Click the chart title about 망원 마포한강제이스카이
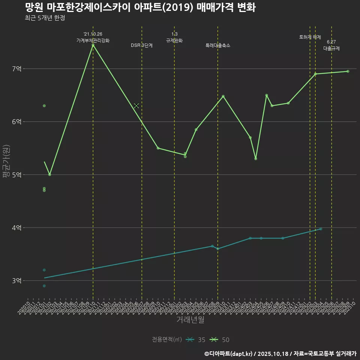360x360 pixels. (x=140, y=7)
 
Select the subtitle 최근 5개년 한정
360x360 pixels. (x=45, y=18)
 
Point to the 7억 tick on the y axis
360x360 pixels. (x=17, y=69)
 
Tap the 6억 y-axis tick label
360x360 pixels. (x=17, y=122)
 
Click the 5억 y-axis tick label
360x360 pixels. (x=17, y=175)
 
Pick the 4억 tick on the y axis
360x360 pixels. (x=17, y=228)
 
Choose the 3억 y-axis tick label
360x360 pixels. (x=17, y=281)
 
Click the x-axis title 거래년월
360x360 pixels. (x=190, y=320)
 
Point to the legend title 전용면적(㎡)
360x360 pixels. (x=167, y=340)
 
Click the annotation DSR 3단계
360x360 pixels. (x=142, y=45)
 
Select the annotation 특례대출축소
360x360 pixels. (x=218, y=45)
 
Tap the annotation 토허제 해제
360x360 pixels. (x=310, y=37)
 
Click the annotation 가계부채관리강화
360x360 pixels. (x=93, y=40)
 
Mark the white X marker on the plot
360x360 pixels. (x=136, y=106)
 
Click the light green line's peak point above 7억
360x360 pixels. (x=93, y=45)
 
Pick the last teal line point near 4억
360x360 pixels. (x=321, y=229)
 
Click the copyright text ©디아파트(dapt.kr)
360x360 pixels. (x=229, y=353)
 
